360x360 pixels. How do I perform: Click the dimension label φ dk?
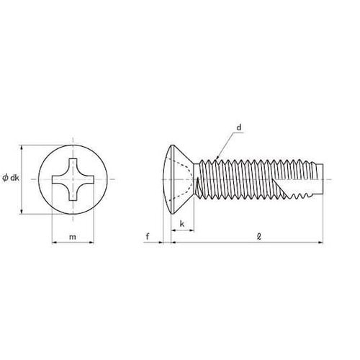pyautogui.click(x=11, y=178)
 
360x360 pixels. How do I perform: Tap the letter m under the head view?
pyautogui.click(x=73, y=237)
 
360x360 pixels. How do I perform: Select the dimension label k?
pyautogui.click(x=182, y=224)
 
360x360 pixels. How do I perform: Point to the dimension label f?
pyautogui.click(x=148, y=237)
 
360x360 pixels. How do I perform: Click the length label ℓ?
pyautogui.click(x=259, y=237)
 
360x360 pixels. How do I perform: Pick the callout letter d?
pyautogui.click(x=239, y=127)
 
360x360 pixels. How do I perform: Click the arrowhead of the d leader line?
pyautogui.click(x=217, y=158)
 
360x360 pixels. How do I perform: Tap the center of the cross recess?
pyautogui.click(x=73, y=179)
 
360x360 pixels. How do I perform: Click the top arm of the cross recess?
pyautogui.click(x=73, y=164)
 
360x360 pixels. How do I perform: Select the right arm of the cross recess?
pyautogui.click(x=88, y=179)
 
